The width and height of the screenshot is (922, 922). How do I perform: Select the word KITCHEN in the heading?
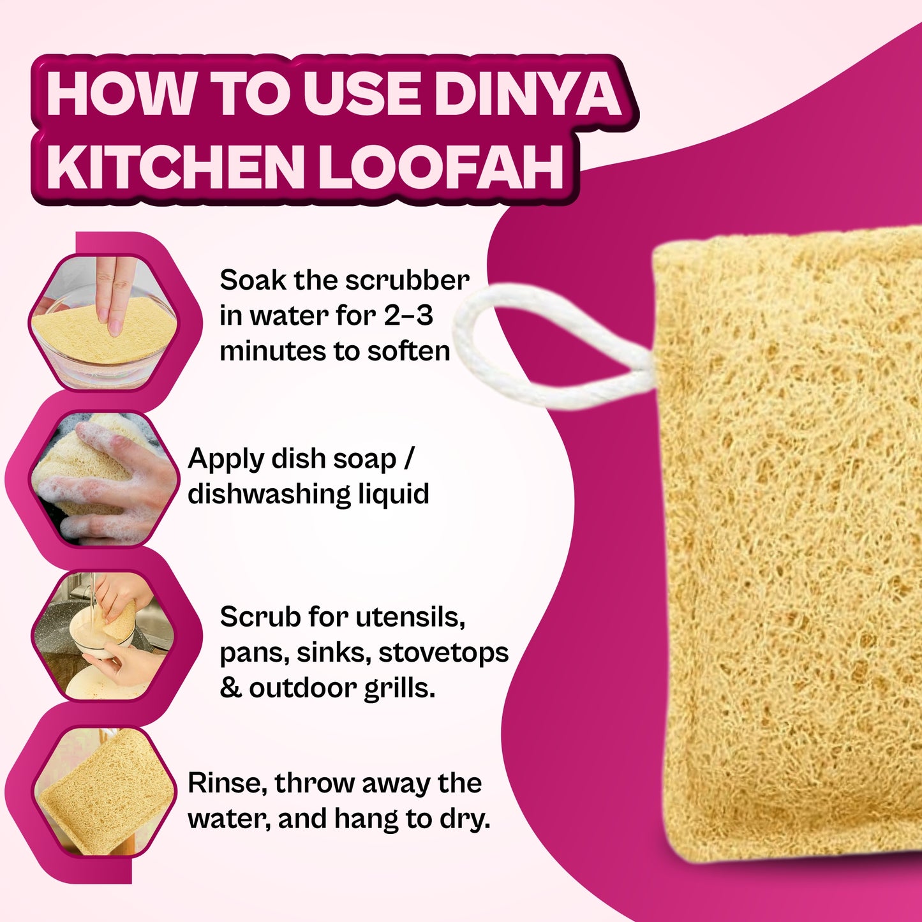pos(174,167)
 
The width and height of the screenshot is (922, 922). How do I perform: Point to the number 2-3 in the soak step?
pos(408,316)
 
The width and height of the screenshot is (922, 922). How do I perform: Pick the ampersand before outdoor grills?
pos(230,688)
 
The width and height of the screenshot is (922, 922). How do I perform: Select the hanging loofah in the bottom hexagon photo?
pos(105,791)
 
